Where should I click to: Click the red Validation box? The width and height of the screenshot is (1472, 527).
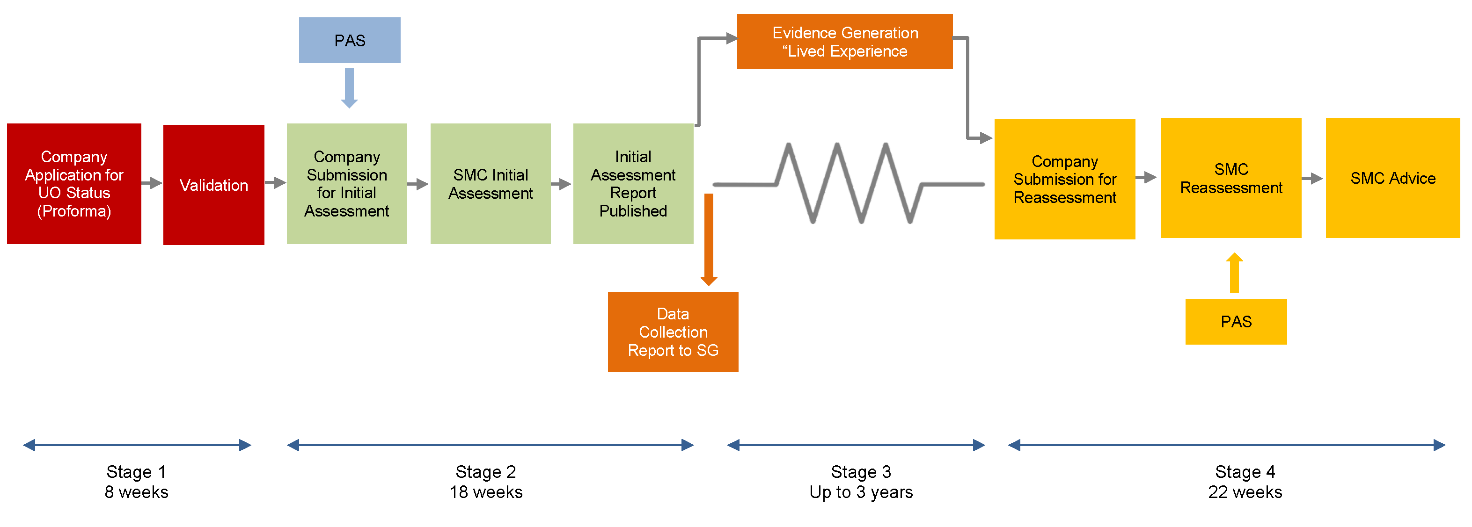214,184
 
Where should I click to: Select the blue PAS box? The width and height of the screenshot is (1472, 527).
349,40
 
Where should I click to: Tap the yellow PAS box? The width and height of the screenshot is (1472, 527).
1236,321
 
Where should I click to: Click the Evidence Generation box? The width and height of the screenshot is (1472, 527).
844,42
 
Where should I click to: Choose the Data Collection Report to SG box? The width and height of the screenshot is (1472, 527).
673,332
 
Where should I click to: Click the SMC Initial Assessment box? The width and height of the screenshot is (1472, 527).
491,184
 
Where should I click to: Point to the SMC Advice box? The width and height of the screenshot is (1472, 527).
1392,178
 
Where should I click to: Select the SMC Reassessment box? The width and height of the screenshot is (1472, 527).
1230,178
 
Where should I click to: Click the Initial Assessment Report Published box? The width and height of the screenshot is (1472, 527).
633,184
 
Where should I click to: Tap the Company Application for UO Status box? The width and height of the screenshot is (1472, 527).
73,184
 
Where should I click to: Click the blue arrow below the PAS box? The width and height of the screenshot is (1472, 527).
349,88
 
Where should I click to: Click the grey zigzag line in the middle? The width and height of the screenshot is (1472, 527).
849,183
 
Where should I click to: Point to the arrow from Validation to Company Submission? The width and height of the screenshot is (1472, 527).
275,183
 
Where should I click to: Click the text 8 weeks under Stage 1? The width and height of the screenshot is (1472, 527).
136,492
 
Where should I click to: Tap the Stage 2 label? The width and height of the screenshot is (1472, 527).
485,472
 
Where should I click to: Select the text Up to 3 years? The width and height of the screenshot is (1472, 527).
861,492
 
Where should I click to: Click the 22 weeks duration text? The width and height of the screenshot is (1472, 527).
1245,492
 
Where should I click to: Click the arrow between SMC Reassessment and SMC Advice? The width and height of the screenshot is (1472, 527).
1312,178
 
